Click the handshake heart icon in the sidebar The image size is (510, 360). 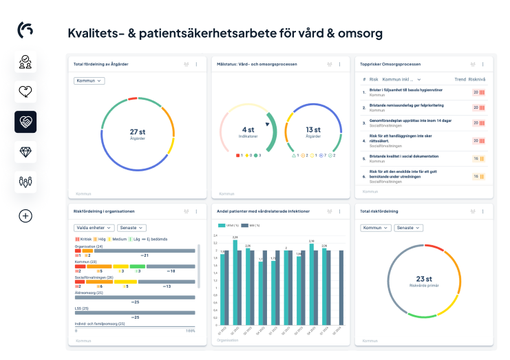(25, 122)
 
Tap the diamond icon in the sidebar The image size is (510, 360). (25, 152)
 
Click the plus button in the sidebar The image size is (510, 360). (25, 215)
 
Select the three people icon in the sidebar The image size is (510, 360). (25, 182)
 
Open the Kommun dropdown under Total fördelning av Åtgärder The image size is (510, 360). (89, 81)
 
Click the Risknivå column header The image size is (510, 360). (478, 80)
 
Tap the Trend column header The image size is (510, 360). (460, 80)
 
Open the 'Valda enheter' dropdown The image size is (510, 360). (94, 227)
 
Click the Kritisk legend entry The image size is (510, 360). (83, 239)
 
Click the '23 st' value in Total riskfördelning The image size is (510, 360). (424, 279)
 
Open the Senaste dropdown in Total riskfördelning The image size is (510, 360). (409, 227)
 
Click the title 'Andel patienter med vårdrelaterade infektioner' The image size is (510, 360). (263, 211)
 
